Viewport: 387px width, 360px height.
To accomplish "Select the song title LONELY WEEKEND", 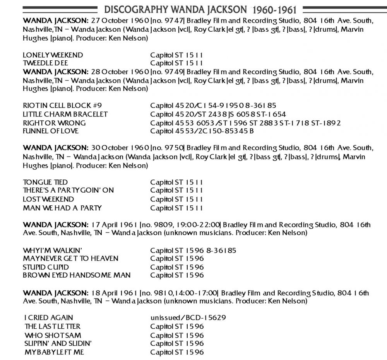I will (x=53, y=55).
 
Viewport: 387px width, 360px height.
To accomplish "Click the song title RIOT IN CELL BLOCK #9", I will (x=62, y=106).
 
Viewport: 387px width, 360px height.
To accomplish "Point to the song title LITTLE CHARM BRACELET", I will (x=65, y=114).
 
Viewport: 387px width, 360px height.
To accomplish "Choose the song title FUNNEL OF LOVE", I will (x=51, y=131).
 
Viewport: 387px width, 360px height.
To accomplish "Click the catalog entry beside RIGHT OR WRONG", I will (x=245, y=123).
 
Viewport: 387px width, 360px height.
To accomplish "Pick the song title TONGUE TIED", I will (x=45, y=182).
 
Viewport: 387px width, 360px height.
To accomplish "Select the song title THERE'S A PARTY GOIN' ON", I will (x=68, y=190).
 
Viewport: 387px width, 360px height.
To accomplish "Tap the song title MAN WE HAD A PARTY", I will (x=62, y=208).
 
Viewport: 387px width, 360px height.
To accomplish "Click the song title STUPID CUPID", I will (x=46, y=267).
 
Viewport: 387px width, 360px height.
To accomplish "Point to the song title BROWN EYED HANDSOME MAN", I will (x=77, y=275).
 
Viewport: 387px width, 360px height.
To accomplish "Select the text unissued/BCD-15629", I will (x=188, y=318).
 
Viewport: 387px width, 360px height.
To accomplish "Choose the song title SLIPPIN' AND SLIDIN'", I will (x=58, y=343).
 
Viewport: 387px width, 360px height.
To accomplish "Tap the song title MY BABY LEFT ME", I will (x=54, y=352).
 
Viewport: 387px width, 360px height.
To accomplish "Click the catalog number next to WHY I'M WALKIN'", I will (x=193, y=250).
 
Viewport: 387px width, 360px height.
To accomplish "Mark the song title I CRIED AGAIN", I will (x=48, y=318).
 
